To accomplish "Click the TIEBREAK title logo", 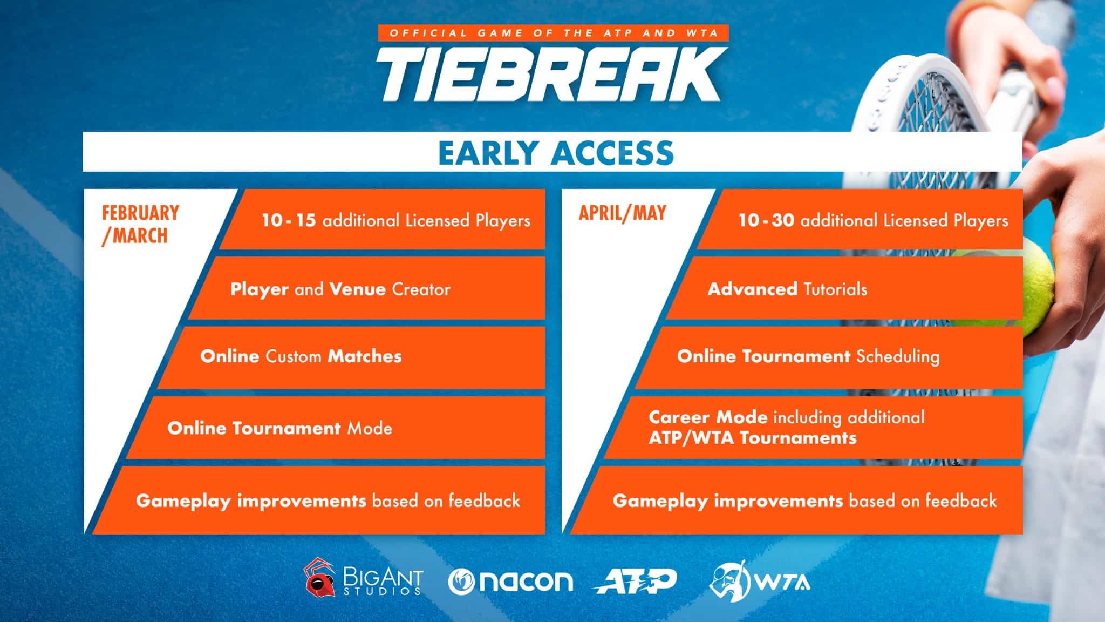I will point(550,75).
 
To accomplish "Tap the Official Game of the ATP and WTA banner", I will point(554,33).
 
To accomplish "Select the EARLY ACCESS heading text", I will point(556,153).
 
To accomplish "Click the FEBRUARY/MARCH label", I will point(140,224).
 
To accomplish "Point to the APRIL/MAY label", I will point(622,213).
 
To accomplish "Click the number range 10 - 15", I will point(289,220).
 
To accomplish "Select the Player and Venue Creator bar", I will point(367,289).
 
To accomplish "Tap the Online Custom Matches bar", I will point(351,356).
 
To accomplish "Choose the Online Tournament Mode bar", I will point(335,428).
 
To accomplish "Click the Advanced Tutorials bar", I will point(842,289).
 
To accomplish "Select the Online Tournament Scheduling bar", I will point(826,356).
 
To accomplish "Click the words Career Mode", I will point(708,417).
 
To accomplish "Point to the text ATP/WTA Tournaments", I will point(753,438).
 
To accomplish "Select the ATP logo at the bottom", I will point(635,581).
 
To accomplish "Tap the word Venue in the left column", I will point(357,289).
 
